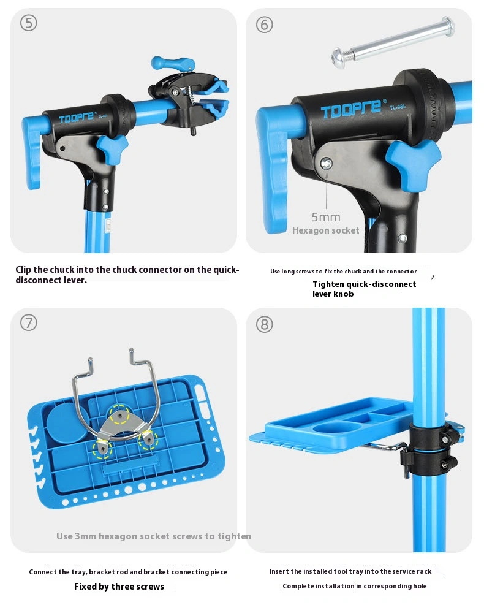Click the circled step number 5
(x=29, y=23)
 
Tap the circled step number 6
(x=265, y=25)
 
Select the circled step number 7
(x=29, y=323)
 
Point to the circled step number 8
(x=265, y=324)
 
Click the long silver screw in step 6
(x=393, y=43)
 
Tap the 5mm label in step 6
(x=326, y=217)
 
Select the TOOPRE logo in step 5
(x=77, y=117)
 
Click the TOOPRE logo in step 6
(x=351, y=109)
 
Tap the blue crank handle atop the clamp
(x=173, y=63)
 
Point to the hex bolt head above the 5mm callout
(x=326, y=164)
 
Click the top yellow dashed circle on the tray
(x=119, y=415)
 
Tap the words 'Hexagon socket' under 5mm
(x=325, y=230)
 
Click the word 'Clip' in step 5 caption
(x=23, y=270)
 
